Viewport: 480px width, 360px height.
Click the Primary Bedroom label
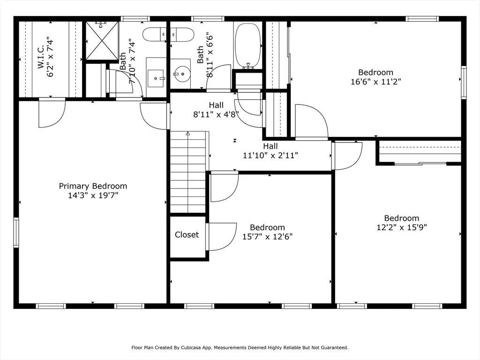(x=93, y=186)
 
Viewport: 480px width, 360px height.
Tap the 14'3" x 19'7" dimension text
(x=93, y=195)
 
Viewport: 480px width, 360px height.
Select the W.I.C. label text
(x=41, y=57)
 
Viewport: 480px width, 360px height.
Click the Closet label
(x=187, y=235)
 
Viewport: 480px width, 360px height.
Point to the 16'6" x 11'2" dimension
(x=375, y=82)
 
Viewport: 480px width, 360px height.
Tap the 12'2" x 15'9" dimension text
(x=402, y=227)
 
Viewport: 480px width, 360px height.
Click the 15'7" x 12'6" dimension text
(x=268, y=237)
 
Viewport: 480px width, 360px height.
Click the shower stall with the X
(x=102, y=41)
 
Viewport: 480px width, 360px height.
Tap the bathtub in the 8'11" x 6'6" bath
(x=247, y=45)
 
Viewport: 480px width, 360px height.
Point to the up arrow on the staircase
(x=187, y=134)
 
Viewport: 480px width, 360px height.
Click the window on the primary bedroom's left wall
(x=16, y=232)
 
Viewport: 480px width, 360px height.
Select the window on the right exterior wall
(x=464, y=82)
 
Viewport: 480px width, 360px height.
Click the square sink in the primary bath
(x=156, y=79)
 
